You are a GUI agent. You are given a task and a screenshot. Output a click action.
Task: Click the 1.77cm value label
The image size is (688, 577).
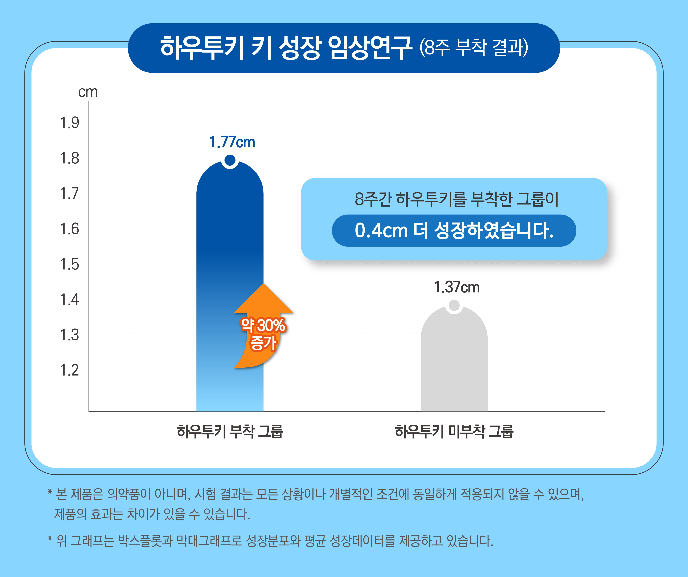click(x=232, y=142)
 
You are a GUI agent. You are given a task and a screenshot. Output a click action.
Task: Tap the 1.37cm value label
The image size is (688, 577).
click(x=457, y=287)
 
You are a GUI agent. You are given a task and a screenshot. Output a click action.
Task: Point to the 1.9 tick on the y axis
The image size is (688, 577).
click(x=69, y=123)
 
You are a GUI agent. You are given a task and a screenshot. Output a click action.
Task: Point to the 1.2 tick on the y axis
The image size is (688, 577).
click(x=69, y=370)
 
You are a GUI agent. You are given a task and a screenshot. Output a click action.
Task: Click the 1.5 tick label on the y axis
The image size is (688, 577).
click(x=69, y=264)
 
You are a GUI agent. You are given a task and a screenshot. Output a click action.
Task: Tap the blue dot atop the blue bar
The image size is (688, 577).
click(x=230, y=160)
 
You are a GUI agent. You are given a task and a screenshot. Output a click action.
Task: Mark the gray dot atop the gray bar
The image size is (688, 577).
click(x=454, y=305)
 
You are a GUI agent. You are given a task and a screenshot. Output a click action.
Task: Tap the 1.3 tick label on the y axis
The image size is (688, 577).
click(x=69, y=335)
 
